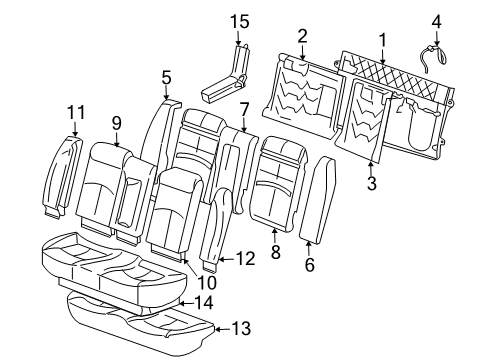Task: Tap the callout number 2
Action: coord(302,37)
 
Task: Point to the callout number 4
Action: coord(436,19)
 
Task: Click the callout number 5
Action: coord(166,75)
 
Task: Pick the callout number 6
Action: coord(309,264)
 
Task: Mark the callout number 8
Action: coord(275,255)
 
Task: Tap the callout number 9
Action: coord(116,123)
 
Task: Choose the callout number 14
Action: coord(203,301)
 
